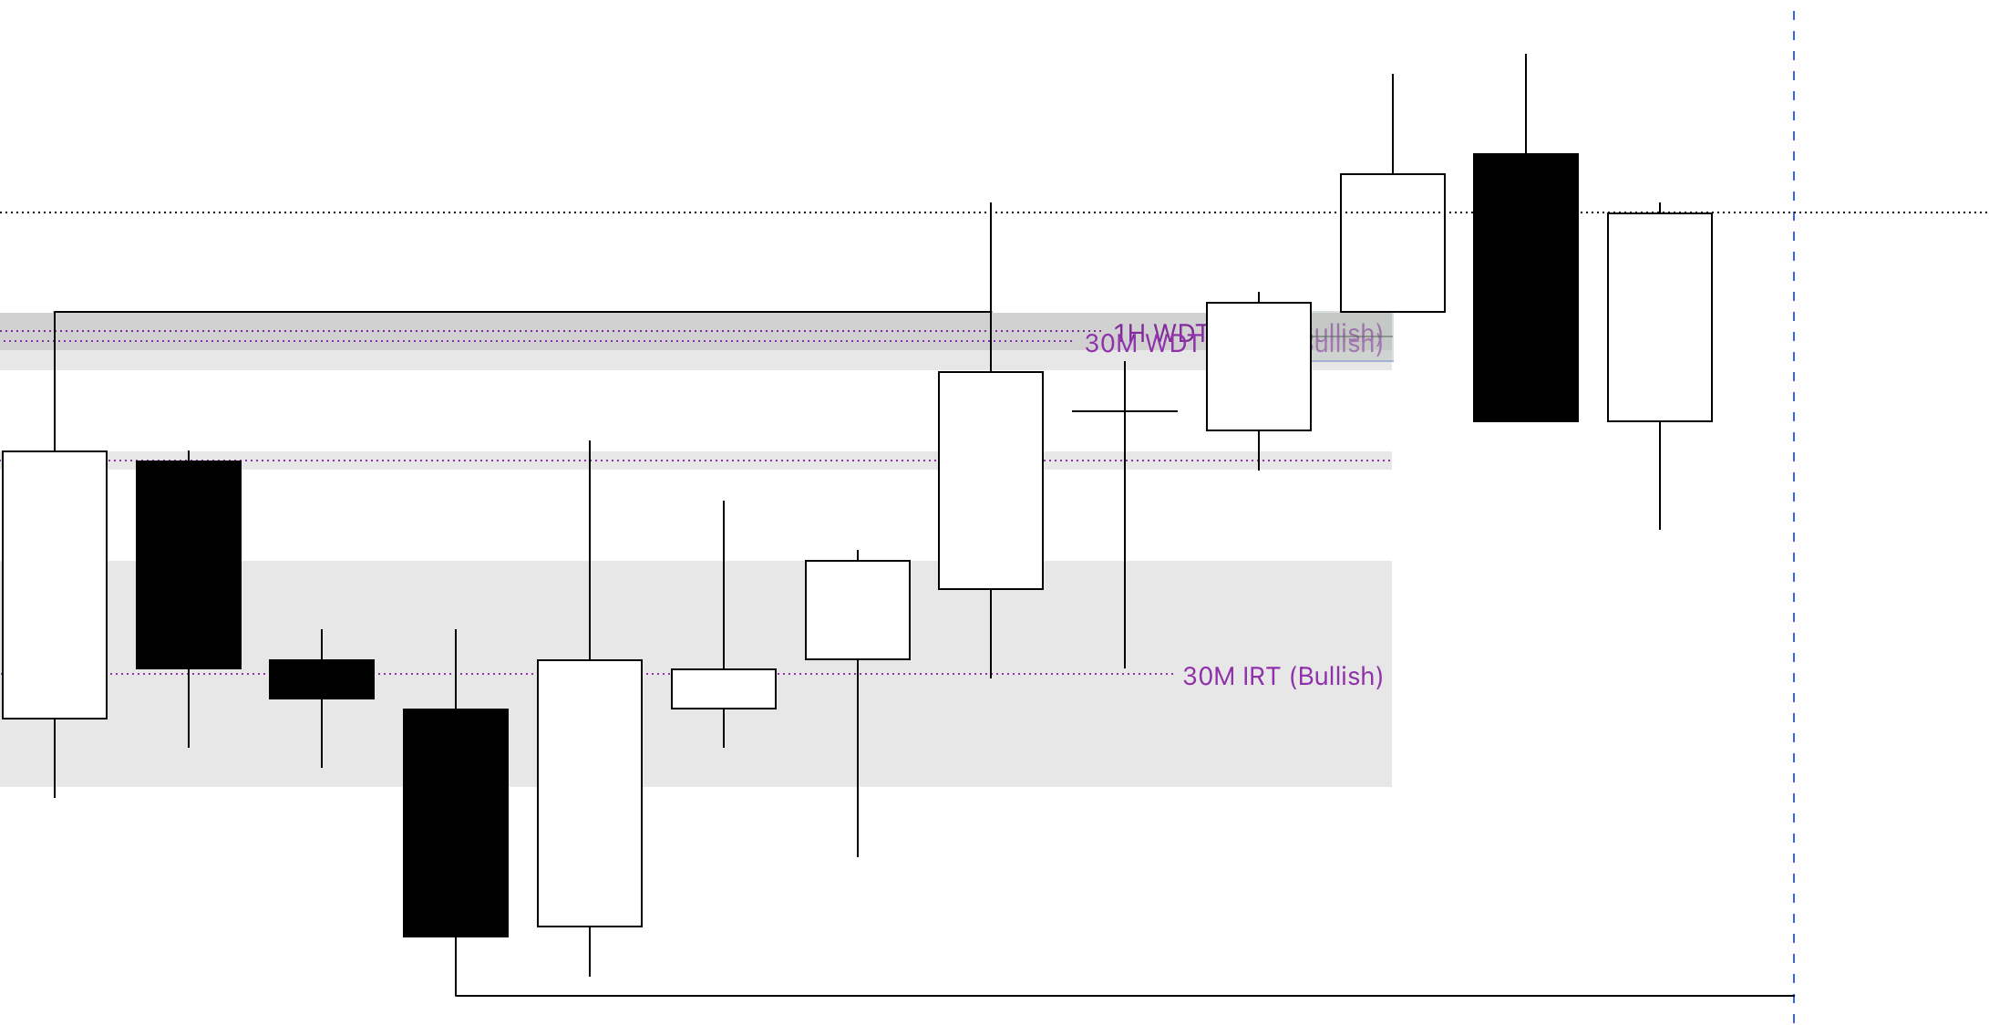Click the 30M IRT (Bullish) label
[x=1282, y=677]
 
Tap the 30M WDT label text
[x=1141, y=345]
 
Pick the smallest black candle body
[x=322, y=679]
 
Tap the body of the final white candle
[x=1660, y=317]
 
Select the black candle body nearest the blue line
[x=1526, y=287]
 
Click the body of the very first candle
[x=55, y=585]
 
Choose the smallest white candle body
[x=724, y=689]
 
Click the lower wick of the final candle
[x=1660, y=475]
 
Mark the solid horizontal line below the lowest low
[x=1094, y=996]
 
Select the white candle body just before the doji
[x=991, y=481]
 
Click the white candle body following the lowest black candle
[x=590, y=793]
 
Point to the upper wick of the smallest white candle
[x=724, y=585]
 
